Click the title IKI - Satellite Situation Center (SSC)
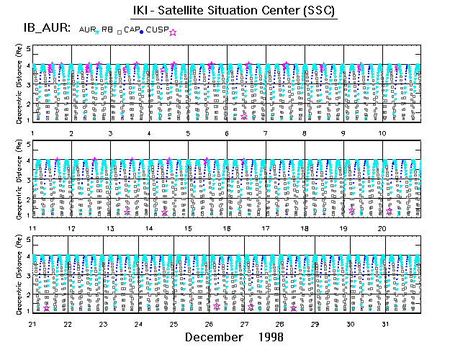click(235, 11)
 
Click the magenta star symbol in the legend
click(173, 32)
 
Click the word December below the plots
click(213, 337)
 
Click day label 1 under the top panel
click(33, 133)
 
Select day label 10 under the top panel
click(384, 133)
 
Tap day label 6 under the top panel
click(226, 133)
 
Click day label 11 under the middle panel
click(33, 228)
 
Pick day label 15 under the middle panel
click(188, 228)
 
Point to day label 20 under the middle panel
click(384, 228)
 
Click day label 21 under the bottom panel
click(33, 324)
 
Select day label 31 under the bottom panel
click(386, 324)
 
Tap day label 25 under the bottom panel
click(174, 324)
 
